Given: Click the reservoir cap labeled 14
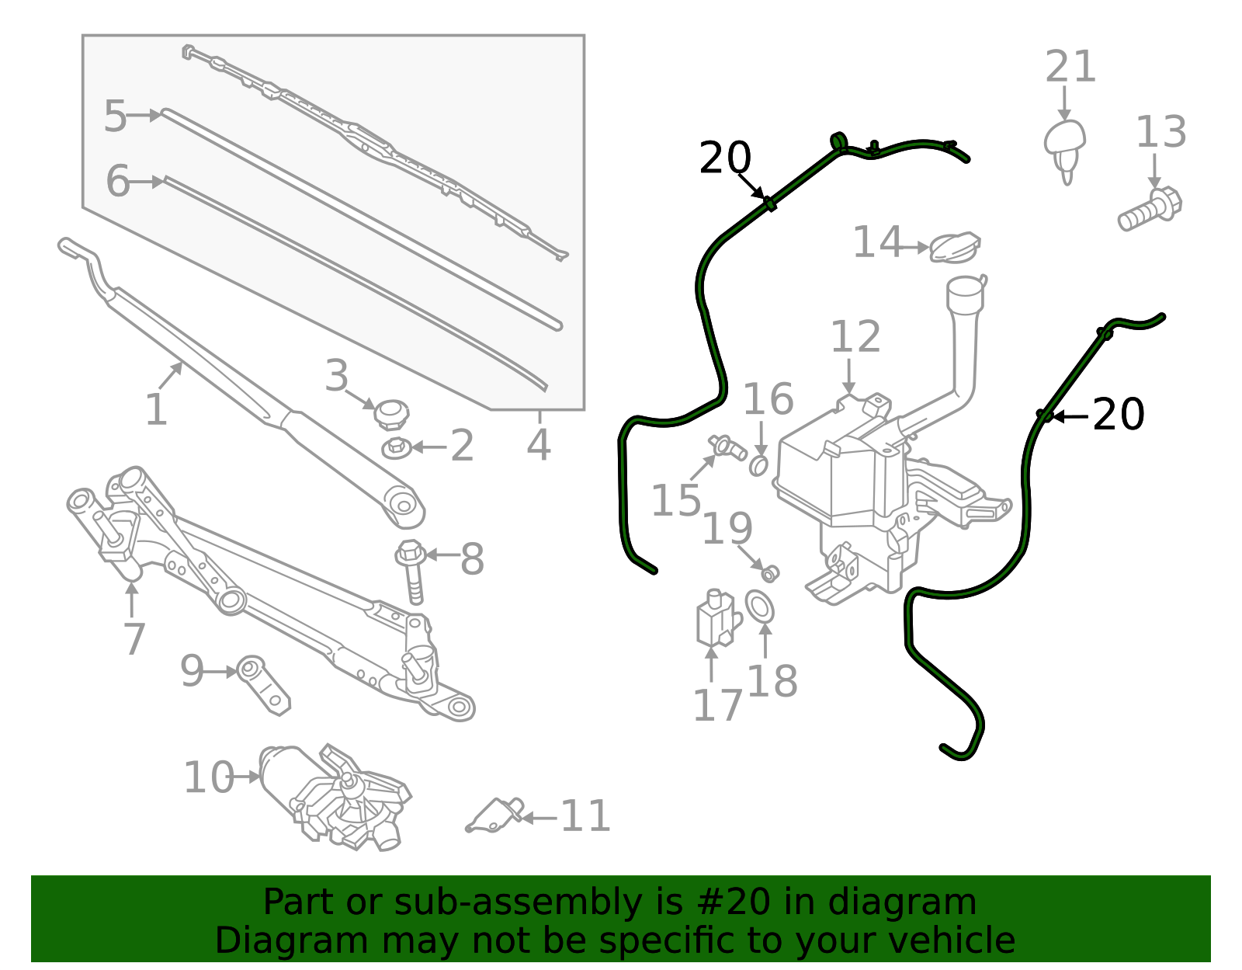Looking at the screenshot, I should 954,248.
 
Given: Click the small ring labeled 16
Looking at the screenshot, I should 758,465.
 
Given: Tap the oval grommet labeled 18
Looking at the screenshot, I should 760,607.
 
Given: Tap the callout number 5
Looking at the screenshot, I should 115,116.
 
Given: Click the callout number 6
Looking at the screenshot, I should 117,182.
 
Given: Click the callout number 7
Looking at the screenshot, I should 134,638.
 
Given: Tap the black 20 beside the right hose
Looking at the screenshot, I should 1118,415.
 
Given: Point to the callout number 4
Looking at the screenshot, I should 538,446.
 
